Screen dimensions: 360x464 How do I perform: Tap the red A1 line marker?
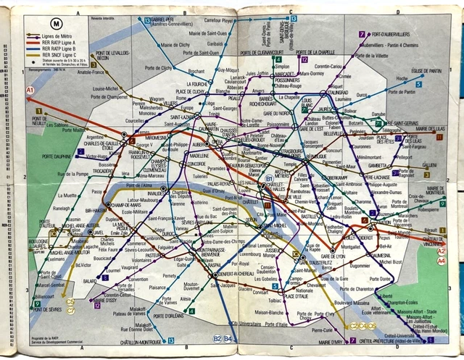tap(30, 91)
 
